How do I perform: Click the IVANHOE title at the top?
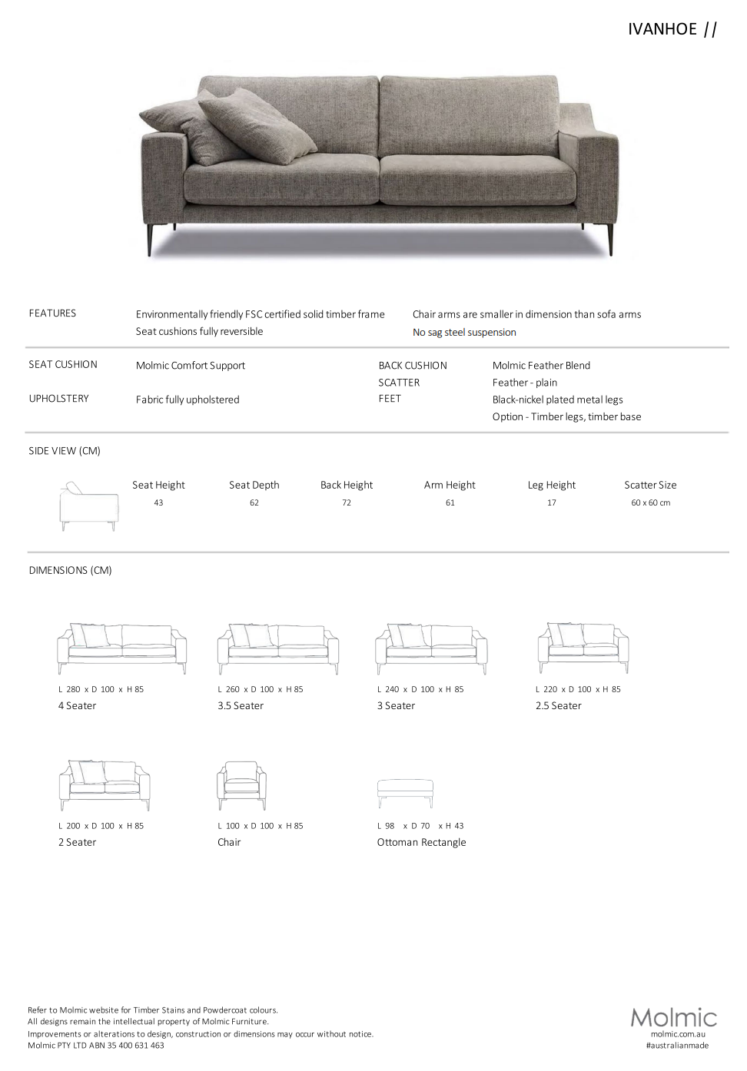[662, 29]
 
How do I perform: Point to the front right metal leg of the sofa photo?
[611, 239]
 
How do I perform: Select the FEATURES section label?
[52, 313]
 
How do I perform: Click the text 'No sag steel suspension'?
[464, 333]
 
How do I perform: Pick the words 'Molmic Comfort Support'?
[191, 366]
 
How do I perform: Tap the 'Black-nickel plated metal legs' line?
[557, 400]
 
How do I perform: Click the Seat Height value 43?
[158, 503]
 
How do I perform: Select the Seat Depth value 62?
[254, 503]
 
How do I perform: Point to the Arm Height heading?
[450, 485]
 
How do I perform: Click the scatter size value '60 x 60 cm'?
[650, 503]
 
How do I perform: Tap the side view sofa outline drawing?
[89, 506]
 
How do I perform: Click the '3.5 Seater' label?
[241, 706]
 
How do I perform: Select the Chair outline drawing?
[241, 784]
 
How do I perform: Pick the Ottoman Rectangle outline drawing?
[405, 792]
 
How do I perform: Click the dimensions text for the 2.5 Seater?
[578, 690]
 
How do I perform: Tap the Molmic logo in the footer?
[673, 1018]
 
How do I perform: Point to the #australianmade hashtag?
[677, 1046]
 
